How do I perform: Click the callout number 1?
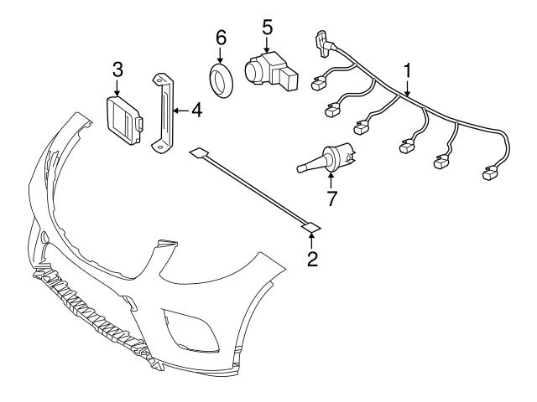coord(408,70)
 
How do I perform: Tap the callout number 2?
coord(312,260)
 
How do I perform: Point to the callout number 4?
coord(196,109)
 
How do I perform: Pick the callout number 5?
coord(267,27)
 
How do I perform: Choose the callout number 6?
coord(222,37)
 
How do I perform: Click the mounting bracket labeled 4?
coord(160,112)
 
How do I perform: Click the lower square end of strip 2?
coord(310,225)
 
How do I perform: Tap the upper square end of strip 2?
coord(198,153)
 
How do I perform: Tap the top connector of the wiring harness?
coord(320,38)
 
